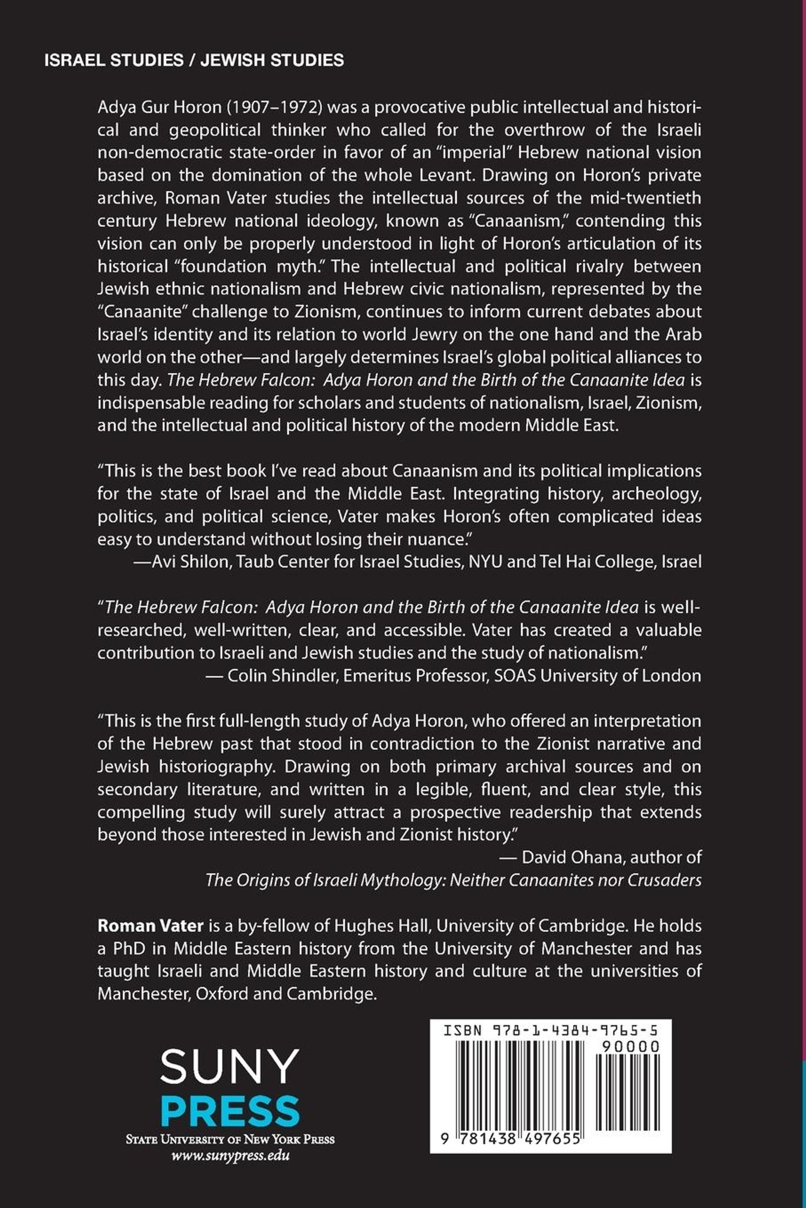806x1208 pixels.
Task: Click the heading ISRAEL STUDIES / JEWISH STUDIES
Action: [x=194, y=60]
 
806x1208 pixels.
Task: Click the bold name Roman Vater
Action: [x=150, y=925]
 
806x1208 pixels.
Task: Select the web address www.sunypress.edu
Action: [x=230, y=1156]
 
